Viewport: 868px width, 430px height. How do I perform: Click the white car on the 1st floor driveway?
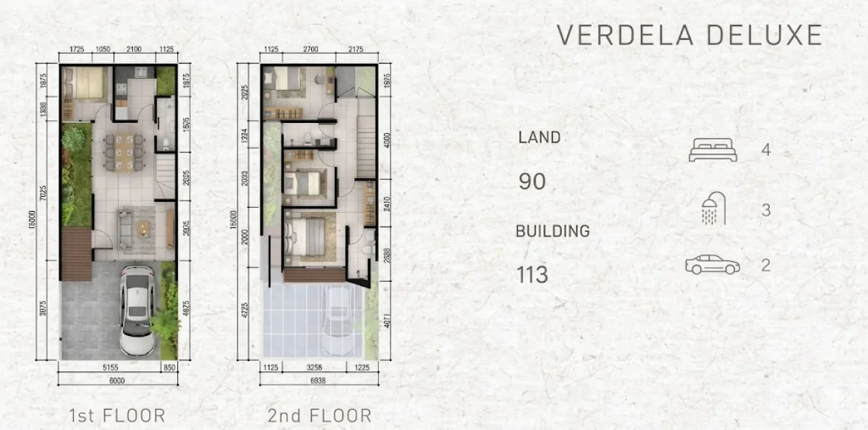coord(136,309)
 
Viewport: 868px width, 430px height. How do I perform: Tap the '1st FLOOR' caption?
coord(116,416)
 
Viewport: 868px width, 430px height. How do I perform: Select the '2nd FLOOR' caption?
coord(319,416)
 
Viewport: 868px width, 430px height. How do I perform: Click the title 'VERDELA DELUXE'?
coord(689,35)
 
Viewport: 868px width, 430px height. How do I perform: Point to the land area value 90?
coord(532,181)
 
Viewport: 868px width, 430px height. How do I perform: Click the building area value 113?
coord(532,275)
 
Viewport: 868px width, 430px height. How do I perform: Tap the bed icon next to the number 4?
coord(712,151)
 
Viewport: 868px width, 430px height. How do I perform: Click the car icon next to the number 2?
coord(712,265)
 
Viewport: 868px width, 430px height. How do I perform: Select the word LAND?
coord(539,137)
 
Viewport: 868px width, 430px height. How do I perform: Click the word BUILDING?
coord(553,232)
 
